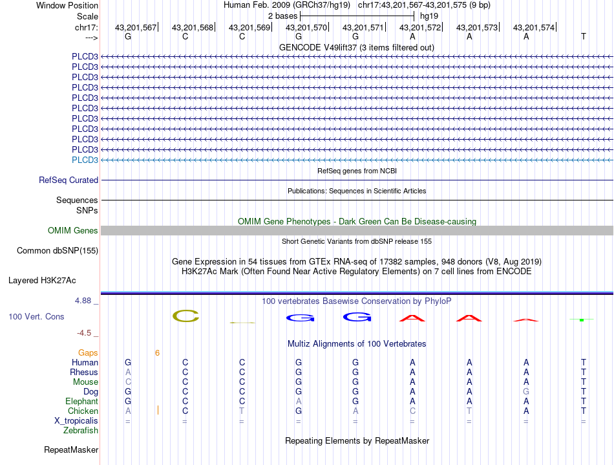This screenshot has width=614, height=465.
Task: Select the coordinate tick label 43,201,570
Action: pos(306,28)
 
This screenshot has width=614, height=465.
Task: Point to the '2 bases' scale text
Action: pos(282,16)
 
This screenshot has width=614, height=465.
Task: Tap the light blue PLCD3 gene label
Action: pos(85,160)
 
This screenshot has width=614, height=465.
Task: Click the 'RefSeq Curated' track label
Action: pos(69,180)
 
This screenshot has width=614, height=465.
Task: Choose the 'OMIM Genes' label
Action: pos(73,231)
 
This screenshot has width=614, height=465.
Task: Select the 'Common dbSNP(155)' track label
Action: pos(58,250)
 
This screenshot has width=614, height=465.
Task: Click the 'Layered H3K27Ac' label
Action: pos(42,281)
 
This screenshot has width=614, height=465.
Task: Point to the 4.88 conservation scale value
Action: pos(85,301)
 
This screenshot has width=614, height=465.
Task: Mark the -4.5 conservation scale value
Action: pos(85,333)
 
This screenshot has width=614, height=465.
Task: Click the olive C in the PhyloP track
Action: pos(185,316)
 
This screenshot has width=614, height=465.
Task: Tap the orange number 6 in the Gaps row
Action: pos(157,352)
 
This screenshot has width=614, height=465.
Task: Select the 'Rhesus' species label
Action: pos(84,373)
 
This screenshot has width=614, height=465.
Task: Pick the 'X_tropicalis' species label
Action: pos(76,421)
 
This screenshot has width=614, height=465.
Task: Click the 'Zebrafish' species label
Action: pos(81,431)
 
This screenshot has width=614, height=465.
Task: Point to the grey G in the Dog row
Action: pos(526,392)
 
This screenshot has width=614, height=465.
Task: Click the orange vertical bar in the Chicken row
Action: pos(158,411)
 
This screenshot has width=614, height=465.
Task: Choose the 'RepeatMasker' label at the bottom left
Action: pos(71,449)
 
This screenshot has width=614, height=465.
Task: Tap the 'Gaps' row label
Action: pos(89,352)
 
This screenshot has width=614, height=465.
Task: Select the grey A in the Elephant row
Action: pos(299,402)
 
